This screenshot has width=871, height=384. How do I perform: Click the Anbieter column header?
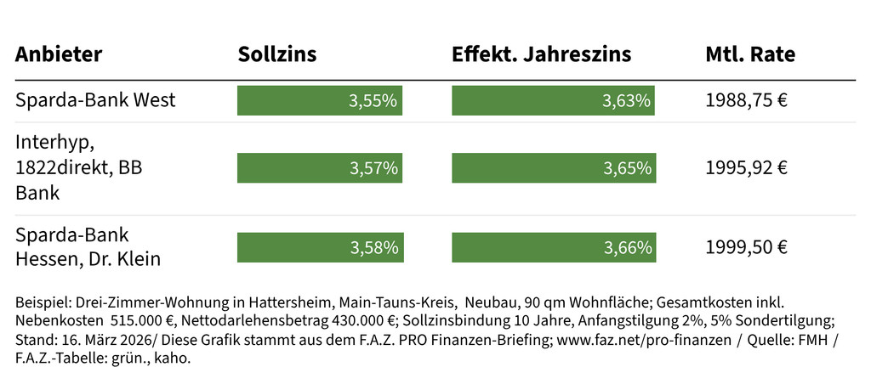59,55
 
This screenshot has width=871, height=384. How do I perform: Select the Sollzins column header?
276,55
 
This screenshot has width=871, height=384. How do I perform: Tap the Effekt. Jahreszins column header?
541,55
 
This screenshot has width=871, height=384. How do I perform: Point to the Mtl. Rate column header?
750,55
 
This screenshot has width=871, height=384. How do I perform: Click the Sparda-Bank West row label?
95,100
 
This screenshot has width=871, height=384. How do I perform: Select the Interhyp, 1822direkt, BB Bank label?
78,167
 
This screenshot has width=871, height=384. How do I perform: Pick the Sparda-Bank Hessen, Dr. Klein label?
88,246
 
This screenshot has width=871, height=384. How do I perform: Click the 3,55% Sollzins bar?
319,100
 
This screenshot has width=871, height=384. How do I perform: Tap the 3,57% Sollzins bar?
320,167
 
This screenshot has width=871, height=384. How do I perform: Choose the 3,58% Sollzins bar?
320,247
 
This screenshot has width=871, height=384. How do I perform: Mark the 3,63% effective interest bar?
553,100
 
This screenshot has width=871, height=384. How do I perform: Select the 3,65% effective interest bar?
554,167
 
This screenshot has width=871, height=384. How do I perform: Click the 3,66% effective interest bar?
554,247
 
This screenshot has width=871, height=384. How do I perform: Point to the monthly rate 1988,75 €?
746,100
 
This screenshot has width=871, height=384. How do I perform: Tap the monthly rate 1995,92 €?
746,167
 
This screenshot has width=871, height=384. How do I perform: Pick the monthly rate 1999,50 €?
746,247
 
